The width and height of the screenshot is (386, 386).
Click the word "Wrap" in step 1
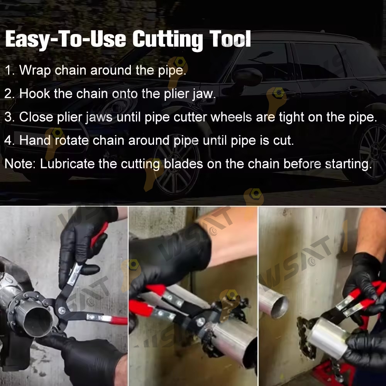tap(35, 70)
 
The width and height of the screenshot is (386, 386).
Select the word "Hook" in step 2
tap(34, 94)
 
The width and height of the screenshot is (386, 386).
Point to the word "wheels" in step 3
tap(231, 117)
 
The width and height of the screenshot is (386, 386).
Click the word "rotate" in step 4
tap(72, 141)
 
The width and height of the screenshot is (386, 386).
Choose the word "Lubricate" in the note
tap(67, 164)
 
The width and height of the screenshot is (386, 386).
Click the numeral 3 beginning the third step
tap(8, 117)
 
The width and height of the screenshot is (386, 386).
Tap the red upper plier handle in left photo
tap(100, 234)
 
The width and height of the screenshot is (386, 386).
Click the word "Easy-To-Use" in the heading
tap(66, 39)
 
